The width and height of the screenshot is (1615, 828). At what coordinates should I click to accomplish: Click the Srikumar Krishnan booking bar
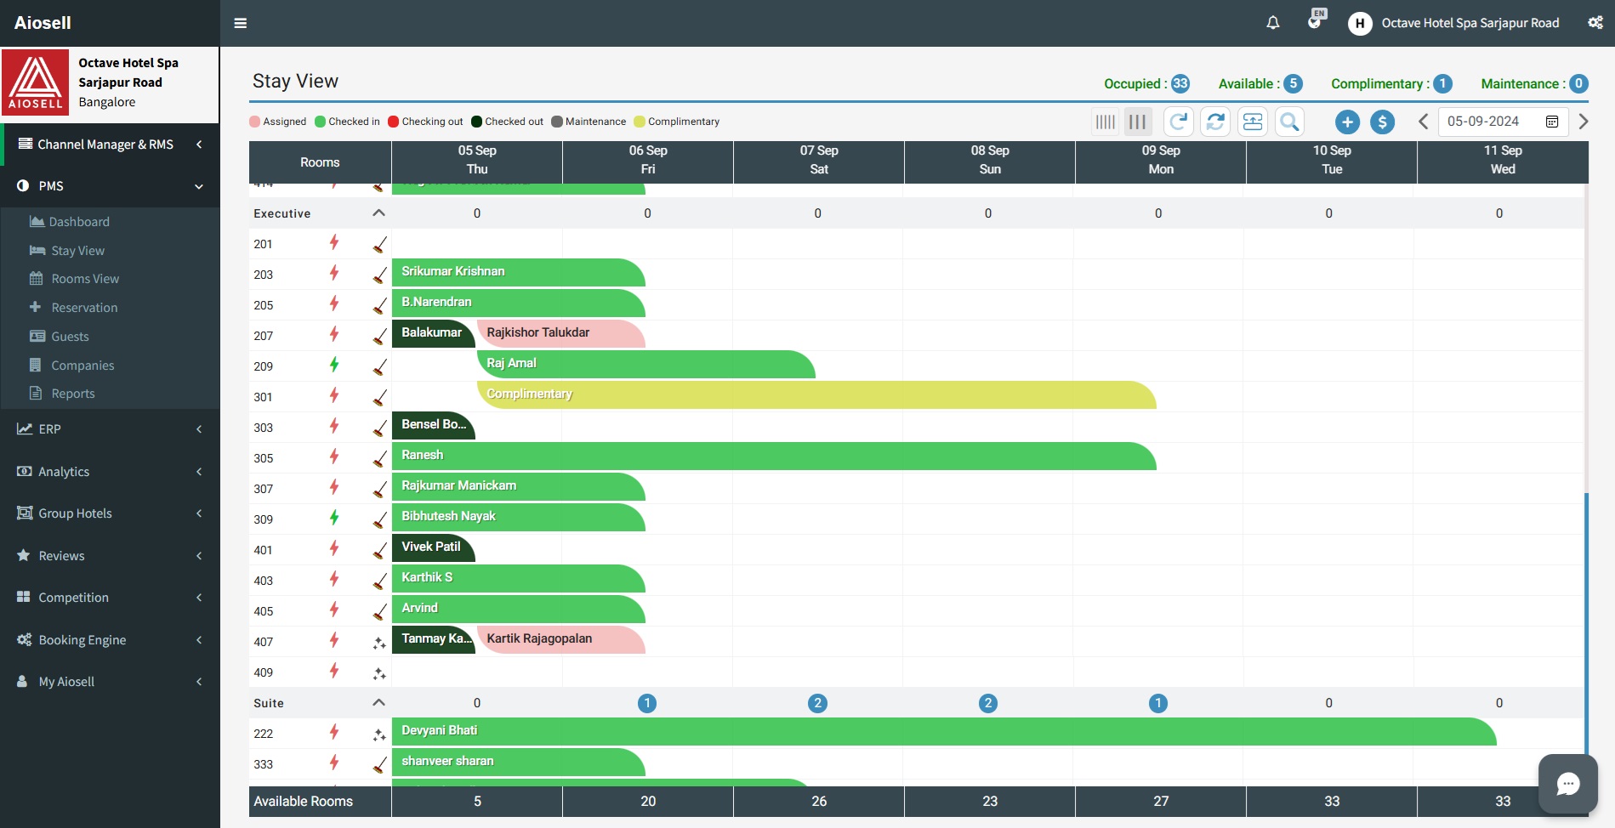[517, 272]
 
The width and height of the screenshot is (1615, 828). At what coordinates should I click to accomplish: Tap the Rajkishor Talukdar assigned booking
[561, 333]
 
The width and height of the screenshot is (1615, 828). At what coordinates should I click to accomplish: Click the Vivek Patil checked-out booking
[432, 547]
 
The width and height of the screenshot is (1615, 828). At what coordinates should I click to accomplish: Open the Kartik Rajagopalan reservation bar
[561, 639]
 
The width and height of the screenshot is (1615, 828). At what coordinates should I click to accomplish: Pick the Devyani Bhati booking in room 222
[942, 731]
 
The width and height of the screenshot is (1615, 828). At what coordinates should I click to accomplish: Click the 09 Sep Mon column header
[1160, 161]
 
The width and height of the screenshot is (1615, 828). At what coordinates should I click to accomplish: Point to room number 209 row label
[264, 366]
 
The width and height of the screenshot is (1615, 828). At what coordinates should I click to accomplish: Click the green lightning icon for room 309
[334, 517]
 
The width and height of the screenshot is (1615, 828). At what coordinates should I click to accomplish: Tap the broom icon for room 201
[379, 245]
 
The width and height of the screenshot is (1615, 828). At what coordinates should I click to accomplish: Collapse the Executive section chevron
[378, 213]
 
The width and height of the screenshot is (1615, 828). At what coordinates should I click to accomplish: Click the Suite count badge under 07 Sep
[817, 703]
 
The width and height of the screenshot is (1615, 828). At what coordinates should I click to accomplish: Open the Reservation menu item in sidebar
[84, 308]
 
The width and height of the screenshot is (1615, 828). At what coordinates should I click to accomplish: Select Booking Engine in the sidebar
[82, 640]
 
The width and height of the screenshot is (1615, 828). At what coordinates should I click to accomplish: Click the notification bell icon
[1272, 23]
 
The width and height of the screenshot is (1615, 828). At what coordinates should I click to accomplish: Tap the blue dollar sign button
[1382, 122]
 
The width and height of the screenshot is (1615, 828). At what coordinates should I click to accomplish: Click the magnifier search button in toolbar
[1289, 122]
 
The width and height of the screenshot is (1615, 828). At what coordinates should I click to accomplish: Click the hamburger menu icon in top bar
[241, 23]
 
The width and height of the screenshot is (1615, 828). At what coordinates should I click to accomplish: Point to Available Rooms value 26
[819, 801]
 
